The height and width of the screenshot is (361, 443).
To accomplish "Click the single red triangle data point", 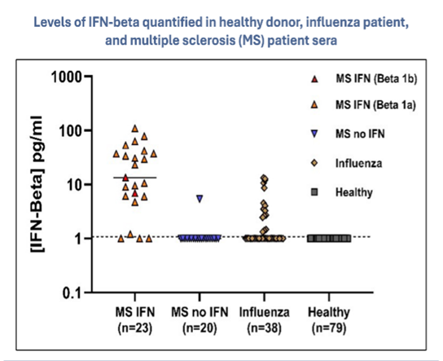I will (x=126, y=177).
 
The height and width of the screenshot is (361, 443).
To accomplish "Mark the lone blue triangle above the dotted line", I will (x=200, y=199).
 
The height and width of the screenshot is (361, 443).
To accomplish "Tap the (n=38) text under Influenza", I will (x=262, y=328).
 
